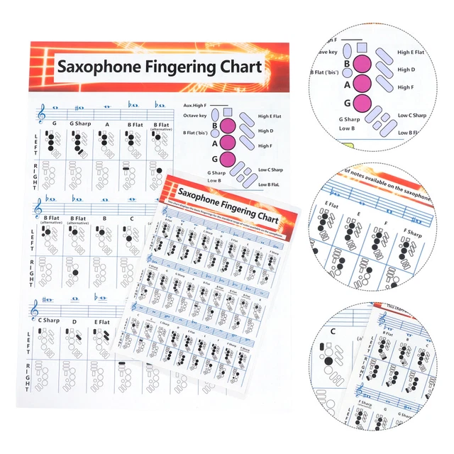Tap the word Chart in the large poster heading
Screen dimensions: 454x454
pyautogui.click(x=237, y=67)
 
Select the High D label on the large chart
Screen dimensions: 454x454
pyautogui.click(x=266, y=131)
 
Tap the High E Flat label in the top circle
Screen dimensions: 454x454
pyautogui.click(x=411, y=52)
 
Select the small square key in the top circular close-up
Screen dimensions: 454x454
pyautogui.click(x=361, y=48)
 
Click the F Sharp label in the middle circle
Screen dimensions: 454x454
pyautogui.click(x=414, y=231)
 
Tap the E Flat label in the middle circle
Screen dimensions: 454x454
pyautogui.click(x=331, y=204)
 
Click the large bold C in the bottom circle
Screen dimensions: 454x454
pyautogui.click(x=333, y=331)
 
